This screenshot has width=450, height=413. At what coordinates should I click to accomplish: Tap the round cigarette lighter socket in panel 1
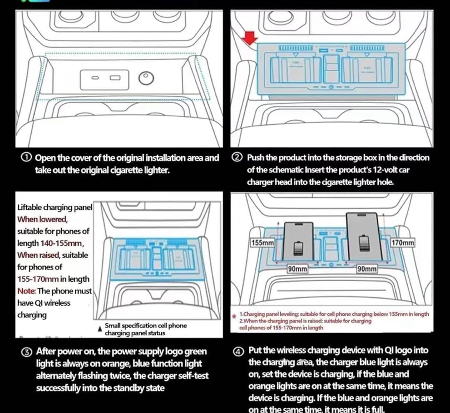tap(146, 78)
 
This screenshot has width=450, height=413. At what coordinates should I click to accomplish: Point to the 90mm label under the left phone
tap(297, 269)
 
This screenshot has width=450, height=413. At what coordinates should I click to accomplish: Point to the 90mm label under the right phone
tap(367, 269)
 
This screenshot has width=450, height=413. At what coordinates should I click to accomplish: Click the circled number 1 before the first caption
tap(26, 158)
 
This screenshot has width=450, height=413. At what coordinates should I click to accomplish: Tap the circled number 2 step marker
tap(237, 158)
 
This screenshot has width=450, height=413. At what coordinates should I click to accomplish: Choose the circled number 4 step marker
tap(237, 350)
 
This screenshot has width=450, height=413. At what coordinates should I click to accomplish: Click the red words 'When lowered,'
tap(42, 219)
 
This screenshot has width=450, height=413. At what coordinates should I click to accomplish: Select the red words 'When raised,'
tap(40, 255)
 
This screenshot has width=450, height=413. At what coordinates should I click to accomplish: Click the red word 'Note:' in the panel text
tap(27, 291)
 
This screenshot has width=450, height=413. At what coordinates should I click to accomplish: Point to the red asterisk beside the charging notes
tap(234, 317)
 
